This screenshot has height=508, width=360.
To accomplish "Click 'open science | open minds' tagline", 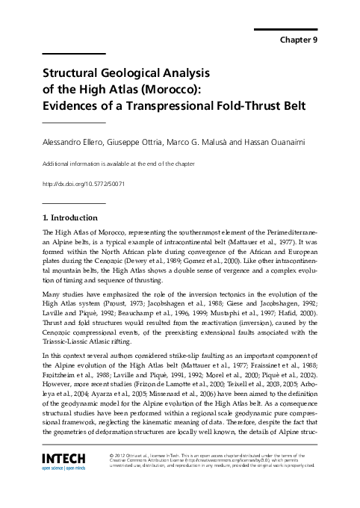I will point(65,468).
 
